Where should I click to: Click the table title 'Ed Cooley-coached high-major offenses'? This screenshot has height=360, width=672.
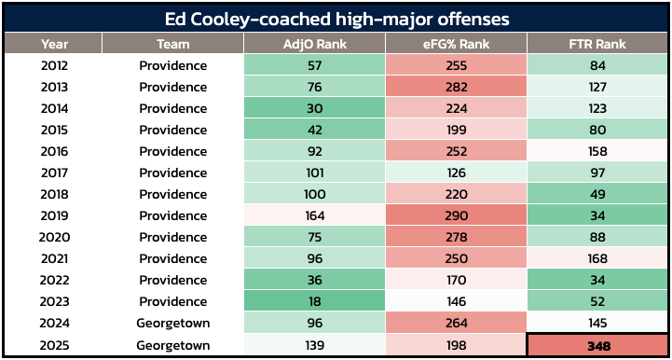click(x=336, y=20)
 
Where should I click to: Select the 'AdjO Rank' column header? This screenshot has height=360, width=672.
click(x=315, y=44)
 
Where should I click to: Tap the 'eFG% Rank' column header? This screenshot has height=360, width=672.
click(x=456, y=44)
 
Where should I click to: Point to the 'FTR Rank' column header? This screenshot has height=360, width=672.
click(x=597, y=44)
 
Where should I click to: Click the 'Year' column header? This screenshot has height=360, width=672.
click(x=54, y=44)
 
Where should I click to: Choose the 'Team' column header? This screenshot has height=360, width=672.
click(x=172, y=44)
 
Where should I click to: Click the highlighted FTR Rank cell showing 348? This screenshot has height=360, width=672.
click(x=597, y=345)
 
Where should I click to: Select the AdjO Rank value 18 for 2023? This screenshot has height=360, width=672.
click(x=315, y=301)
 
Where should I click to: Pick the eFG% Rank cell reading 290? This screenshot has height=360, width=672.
click(x=456, y=215)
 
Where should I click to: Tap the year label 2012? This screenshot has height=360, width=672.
click(x=54, y=65)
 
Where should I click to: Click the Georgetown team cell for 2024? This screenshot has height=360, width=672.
click(x=172, y=323)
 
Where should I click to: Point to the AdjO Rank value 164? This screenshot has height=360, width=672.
click(x=315, y=215)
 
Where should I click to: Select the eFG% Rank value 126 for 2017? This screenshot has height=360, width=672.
click(x=456, y=173)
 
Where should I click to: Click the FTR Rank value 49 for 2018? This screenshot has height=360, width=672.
click(x=597, y=194)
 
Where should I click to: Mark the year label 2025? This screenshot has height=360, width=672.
click(x=54, y=345)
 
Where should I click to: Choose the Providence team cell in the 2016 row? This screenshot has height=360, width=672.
click(x=172, y=151)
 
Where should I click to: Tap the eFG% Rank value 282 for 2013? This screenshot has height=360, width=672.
click(x=456, y=87)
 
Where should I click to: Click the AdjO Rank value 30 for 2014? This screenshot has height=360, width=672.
click(x=315, y=108)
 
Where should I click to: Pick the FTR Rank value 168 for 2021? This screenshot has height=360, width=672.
click(x=597, y=258)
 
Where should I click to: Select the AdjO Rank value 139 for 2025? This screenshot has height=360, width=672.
click(x=315, y=345)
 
